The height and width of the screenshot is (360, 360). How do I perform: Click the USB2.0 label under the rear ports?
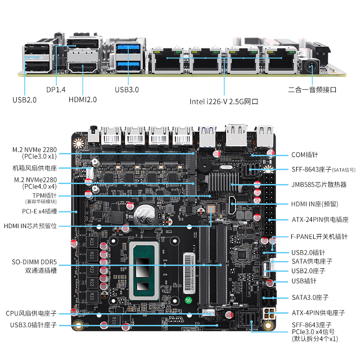[x=25, y=100]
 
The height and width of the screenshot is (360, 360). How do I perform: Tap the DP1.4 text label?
[x=55, y=90]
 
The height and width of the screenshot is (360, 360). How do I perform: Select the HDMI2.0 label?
[x=82, y=100]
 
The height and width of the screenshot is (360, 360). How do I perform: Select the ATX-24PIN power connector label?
[x=320, y=220]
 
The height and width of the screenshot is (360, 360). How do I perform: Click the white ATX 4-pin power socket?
[x=269, y=313]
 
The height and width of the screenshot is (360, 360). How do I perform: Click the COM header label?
[x=305, y=155]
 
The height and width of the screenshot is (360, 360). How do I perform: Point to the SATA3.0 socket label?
[x=310, y=297]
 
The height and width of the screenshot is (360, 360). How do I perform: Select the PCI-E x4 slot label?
[x=39, y=211]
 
